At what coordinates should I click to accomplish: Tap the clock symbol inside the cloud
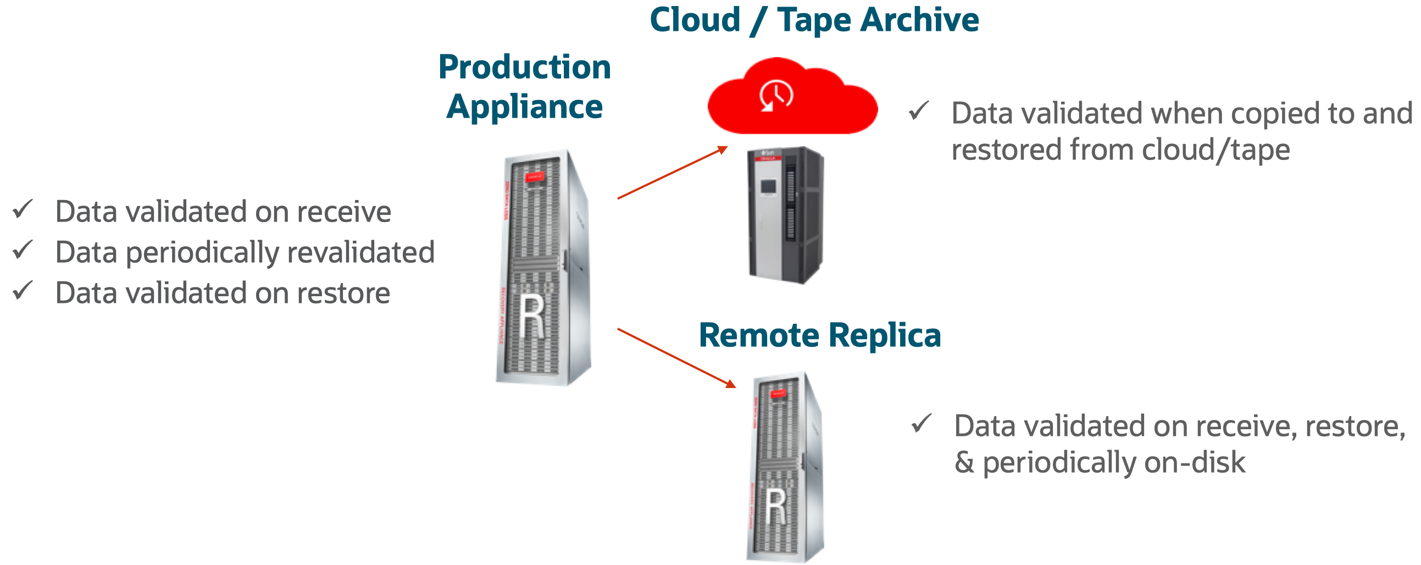776,96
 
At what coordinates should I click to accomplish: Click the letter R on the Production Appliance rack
532,317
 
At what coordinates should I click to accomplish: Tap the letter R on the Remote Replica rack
776,506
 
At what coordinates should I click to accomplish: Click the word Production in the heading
524,67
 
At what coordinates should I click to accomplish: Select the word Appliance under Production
524,107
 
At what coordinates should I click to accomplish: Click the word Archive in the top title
919,20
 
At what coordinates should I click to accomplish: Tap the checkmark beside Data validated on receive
23,209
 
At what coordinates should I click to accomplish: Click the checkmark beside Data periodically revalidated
23,251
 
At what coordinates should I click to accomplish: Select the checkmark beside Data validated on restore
23,291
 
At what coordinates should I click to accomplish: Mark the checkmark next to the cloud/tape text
919,111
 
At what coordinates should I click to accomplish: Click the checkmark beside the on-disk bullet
921,424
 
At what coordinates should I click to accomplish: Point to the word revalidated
361,253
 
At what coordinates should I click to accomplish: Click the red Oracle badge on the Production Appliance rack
534,177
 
